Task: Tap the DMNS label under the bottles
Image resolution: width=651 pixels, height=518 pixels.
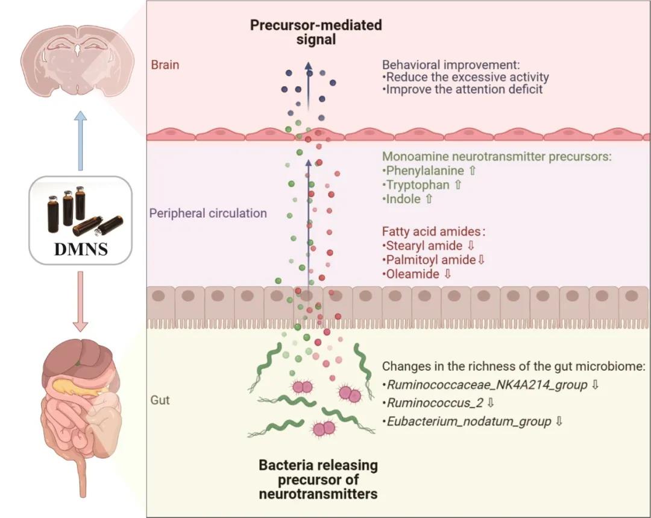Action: [81, 248]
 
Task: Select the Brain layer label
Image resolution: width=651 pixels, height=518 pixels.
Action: [165, 65]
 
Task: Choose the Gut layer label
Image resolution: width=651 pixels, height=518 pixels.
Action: [160, 400]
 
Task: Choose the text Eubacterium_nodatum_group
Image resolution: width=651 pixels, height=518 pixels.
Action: [469, 421]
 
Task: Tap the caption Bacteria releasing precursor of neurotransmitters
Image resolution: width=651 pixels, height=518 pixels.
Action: [318, 480]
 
